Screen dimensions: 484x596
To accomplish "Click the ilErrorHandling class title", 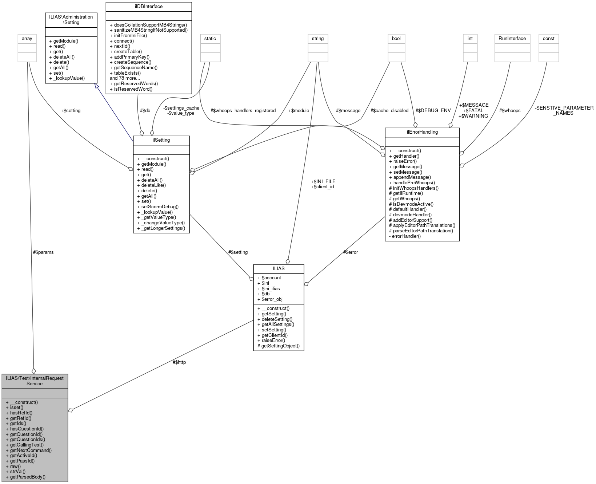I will [422, 132].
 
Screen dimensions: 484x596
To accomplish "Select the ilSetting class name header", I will [161, 140].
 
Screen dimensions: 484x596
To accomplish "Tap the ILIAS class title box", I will [279, 268].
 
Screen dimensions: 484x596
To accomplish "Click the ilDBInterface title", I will [148, 7].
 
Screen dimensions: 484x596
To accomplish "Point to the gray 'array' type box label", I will [27, 39].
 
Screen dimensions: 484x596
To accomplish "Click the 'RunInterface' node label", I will [512, 39].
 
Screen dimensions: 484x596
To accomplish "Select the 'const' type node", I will [548, 39].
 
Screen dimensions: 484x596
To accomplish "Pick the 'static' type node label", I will [210, 39].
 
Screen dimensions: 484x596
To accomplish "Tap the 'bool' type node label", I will [396, 39].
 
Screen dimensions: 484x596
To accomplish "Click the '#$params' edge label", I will [43, 252].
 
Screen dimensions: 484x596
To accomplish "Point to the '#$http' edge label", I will [179, 362].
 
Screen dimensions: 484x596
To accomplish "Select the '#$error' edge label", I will [351, 252].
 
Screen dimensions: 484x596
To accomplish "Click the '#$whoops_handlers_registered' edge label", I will [243, 110].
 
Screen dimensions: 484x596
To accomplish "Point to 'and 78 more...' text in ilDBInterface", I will [125, 78].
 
